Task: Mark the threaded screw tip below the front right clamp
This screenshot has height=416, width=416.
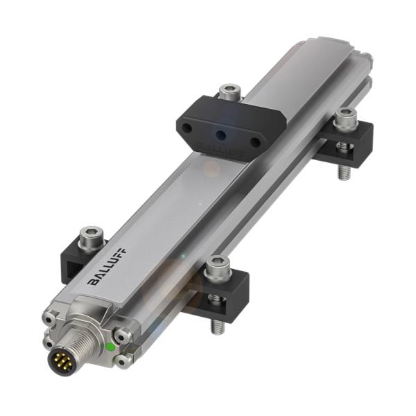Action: point(218,324)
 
